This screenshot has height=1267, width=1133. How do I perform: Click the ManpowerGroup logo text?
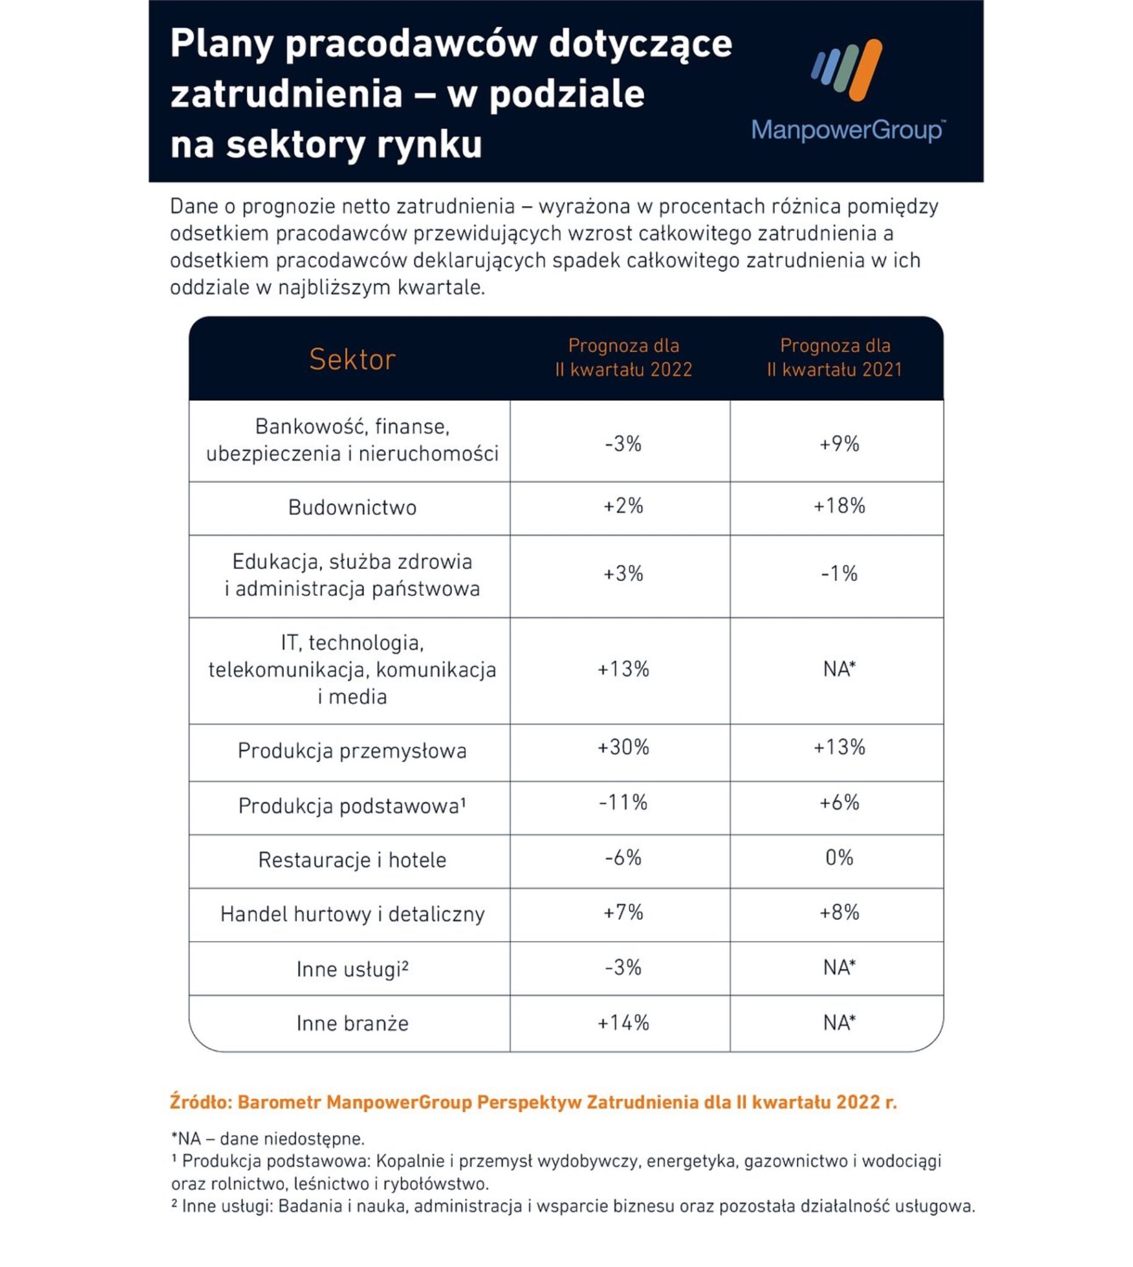847,130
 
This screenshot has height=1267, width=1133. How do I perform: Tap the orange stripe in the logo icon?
866,70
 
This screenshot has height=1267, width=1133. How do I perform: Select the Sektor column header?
353,360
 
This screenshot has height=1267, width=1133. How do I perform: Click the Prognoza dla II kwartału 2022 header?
623,358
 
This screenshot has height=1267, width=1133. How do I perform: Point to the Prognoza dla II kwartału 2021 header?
835,358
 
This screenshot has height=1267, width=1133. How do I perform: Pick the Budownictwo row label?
353,507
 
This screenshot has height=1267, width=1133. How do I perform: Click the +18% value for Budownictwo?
839,506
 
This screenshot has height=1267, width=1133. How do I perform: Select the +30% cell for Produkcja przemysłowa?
623,747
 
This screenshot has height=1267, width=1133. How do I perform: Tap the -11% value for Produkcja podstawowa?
623,802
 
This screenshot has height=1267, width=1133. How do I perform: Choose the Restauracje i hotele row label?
353,860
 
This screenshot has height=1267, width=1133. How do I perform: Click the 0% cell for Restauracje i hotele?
839,858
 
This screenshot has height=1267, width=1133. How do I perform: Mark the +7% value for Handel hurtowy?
623,913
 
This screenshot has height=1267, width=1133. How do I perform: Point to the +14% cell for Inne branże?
623,1023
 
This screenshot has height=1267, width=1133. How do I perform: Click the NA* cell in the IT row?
839,669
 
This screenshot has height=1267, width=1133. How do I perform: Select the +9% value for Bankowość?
839,444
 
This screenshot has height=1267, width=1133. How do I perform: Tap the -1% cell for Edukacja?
839,573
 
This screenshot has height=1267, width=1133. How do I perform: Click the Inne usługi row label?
353,969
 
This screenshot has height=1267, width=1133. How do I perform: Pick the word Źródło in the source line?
200,1102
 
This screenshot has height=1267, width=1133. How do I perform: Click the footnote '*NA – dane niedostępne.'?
268,1139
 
